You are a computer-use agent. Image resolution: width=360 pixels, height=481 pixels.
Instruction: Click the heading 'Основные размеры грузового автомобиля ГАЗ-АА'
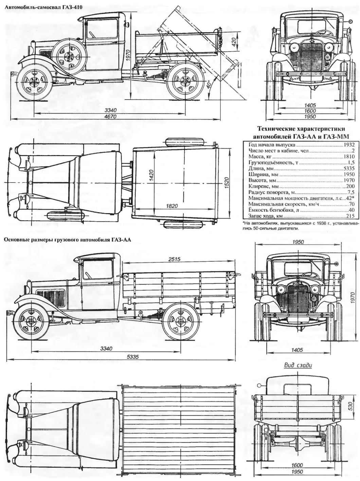tap(68, 240)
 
